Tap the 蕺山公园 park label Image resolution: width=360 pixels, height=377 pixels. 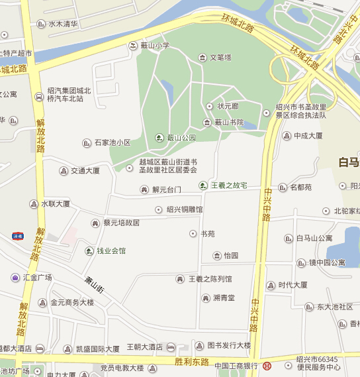point(181,138)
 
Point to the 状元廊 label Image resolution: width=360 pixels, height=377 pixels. point(228,106)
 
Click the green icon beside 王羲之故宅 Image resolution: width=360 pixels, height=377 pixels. point(203,186)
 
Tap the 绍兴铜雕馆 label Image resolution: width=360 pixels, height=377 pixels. point(185,209)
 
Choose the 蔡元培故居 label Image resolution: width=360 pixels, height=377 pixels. point(121,223)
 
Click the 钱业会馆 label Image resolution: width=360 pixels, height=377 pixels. point(111,250)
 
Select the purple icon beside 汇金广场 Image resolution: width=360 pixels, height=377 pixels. point(15,277)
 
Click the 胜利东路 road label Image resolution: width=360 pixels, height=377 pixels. point(193,362)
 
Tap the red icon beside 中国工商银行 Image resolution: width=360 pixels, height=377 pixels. point(268,366)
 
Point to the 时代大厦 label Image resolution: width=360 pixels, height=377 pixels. point(292,285)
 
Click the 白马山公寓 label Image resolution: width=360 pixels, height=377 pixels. point(314,238)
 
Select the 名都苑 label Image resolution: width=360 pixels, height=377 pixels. point(300,188)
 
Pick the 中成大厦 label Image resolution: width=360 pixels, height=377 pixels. point(308,136)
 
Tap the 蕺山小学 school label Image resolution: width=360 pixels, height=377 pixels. point(155,46)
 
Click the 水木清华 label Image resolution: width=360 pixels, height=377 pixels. point(63,23)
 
